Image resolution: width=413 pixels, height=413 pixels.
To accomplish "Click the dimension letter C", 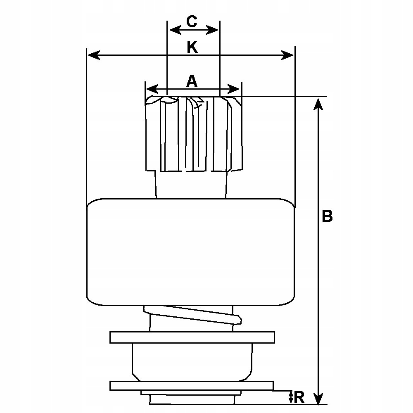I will click(x=192, y=21).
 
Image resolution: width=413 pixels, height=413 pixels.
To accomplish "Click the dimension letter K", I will click(x=192, y=47).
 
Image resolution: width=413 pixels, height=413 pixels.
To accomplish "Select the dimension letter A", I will click(x=191, y=81).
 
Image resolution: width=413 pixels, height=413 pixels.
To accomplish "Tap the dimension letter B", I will click(x=327, y=216).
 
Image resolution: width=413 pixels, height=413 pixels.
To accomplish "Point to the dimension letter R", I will click(x=300, y=397).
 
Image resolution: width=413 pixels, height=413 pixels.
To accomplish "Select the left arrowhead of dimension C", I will click(x=173, y=30).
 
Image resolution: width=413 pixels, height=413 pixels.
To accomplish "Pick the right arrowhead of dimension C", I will click(x=214, y=30).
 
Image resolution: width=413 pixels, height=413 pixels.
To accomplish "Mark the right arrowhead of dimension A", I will click(x=235, y=89).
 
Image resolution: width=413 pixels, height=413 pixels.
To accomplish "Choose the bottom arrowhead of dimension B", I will click(x=318, y=399).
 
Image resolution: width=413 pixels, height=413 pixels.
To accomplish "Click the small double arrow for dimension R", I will click(x=291, y=397).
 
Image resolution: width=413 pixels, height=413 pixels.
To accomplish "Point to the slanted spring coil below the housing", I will click(x=192, y=316).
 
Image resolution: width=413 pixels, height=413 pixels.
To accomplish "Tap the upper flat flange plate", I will click(x=192, y=337).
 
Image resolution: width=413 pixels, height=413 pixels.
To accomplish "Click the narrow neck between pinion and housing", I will click(x=191, y=185).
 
